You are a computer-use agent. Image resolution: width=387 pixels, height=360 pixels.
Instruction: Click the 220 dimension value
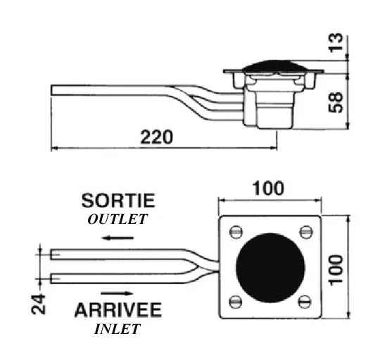tap(157, 137)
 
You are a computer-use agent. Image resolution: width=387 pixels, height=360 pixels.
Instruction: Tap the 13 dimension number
tap(336, 42)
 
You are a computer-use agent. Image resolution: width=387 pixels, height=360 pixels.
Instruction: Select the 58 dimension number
tap(336, 102)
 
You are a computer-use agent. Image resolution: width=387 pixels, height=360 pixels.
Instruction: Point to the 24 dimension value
tap(39, 304)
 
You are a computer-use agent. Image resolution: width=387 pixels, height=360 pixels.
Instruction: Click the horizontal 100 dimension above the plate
tap(268, 189)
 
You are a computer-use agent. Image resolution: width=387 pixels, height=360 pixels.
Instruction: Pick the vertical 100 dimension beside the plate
tap(336, 270)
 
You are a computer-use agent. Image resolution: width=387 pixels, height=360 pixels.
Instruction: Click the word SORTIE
tap(118, 201)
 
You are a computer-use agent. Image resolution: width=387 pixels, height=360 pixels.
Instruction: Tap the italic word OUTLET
tap(118, 219)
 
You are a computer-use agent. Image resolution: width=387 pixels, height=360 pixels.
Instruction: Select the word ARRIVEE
tap(118, 310)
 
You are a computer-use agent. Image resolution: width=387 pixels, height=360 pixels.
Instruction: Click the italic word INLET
tap(118, 329)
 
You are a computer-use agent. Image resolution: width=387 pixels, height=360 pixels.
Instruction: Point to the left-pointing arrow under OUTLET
tap(118, 238)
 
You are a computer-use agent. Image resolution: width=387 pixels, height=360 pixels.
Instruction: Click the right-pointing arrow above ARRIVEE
tap(118, 293)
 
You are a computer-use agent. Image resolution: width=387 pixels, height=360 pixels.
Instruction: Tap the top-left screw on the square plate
tap(236, 232)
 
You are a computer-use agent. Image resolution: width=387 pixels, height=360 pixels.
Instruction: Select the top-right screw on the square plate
tap(306, 232)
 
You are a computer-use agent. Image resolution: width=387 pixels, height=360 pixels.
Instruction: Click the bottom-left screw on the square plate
tap(236, 302)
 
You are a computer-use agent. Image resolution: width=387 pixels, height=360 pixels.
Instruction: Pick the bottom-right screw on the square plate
tap(305, 302)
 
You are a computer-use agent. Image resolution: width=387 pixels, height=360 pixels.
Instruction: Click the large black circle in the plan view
tap(270, 268)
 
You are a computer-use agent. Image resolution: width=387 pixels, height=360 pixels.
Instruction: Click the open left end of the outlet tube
tap(51, 254)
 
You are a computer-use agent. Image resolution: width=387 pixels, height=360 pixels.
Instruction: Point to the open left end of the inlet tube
tap(51, 278)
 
